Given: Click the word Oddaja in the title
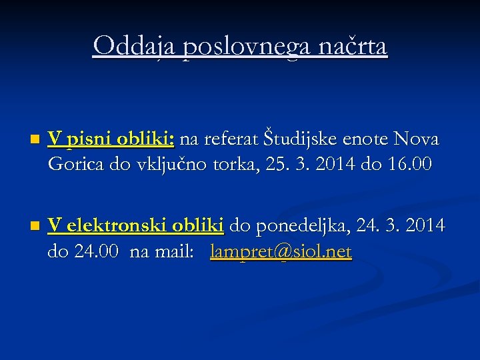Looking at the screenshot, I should [134, 46].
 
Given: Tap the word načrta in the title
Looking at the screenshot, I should [354, 46].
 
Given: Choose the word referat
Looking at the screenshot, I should [229, 139].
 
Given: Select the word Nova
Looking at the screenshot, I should [417, 139].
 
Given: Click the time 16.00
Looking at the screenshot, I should [408, 163].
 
